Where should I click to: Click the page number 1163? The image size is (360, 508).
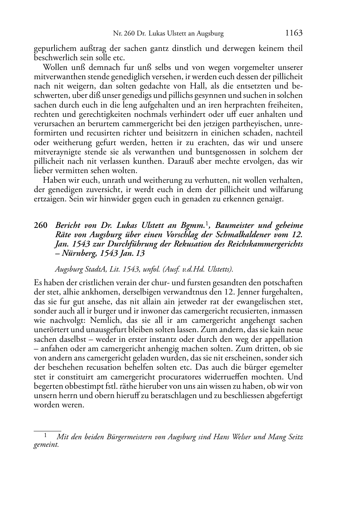(294, 33)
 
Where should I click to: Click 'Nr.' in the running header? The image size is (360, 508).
(117, 34)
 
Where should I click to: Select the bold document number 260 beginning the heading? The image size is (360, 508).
(41, 226)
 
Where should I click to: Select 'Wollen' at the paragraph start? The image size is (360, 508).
(55, 67)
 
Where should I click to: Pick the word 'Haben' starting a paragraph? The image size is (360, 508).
(54, 180)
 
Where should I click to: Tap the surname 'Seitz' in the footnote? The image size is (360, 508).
(293, 437)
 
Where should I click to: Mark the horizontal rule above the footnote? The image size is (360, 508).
(47, 431)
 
